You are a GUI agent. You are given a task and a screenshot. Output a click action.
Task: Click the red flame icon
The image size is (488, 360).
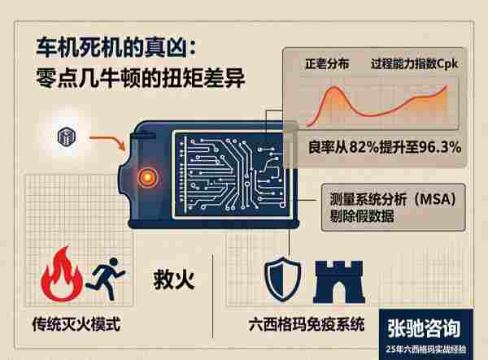point(62,275)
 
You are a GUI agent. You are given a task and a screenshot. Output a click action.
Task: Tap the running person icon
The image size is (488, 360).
point(105,279)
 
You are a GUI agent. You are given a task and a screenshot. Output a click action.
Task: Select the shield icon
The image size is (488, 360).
point(282,280)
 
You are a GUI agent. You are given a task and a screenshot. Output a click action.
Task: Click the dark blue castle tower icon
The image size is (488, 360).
point(339,282)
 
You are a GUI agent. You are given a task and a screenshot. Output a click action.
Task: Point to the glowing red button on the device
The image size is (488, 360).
point(147,177)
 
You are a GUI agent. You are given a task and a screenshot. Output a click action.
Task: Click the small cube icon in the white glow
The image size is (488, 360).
point(67,137)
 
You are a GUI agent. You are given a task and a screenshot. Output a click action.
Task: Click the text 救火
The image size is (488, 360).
point(174,280)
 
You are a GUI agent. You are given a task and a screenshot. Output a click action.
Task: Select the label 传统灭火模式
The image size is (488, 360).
point(76,324)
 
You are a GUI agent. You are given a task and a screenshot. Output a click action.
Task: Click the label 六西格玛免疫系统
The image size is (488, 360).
point(307,324)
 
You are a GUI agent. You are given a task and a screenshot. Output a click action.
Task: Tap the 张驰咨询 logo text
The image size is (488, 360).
point(424,328)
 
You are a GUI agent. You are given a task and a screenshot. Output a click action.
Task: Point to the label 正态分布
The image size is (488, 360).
point(327,64)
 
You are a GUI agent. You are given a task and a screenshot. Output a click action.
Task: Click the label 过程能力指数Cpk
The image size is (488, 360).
point(414,64)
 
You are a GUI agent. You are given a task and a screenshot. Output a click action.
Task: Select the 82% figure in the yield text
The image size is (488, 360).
point(368,147)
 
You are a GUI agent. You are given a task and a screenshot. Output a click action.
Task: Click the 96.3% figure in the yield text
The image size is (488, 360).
point(440,147)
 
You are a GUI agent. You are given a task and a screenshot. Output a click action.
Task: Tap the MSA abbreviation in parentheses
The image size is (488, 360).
point(435,199)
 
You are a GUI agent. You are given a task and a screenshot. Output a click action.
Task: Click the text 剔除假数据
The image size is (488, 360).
point(362,215)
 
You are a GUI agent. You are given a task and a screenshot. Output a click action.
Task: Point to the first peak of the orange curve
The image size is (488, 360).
point(333,88)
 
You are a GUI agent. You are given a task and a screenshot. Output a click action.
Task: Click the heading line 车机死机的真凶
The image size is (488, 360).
point(115,48)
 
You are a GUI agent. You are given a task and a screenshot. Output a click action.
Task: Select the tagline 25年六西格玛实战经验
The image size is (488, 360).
point(425,349)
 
